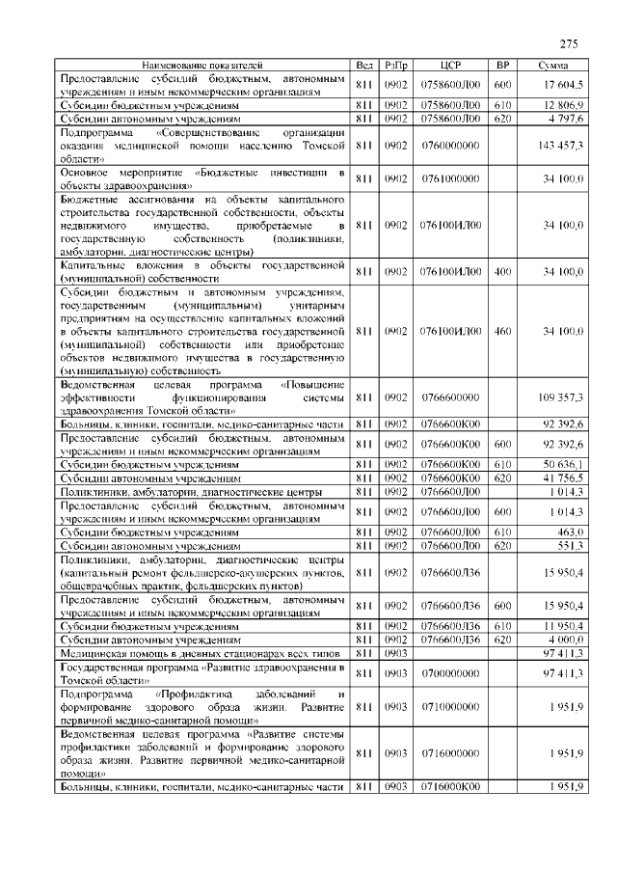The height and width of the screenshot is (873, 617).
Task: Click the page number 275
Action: tap(568, 43)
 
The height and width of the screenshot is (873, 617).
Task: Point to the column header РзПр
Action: tap(395, 65)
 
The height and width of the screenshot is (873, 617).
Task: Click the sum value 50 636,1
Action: tap(563, 464)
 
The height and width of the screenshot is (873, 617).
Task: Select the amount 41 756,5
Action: tap(563, 477)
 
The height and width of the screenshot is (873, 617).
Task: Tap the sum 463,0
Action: tap(569, 531)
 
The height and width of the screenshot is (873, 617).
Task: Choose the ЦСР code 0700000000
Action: tap(450, 672)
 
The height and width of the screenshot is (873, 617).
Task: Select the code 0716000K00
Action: tap(450, 787)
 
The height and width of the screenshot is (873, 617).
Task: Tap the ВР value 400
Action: tap(502, 272)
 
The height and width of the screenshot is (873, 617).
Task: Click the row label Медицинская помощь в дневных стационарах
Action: tap(201, 652)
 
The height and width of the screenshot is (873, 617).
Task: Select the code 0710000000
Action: tap(450, 707)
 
